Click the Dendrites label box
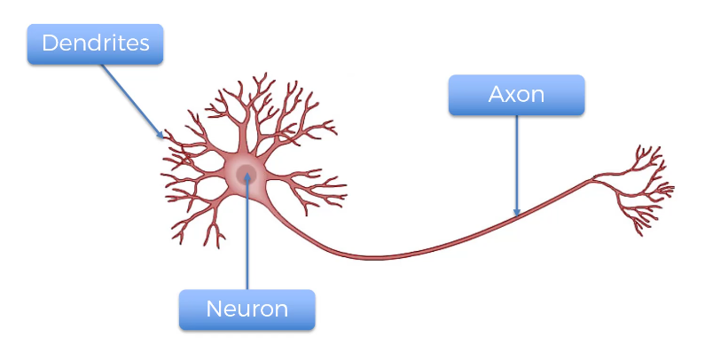coord(95,44)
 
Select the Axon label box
coord(517,95)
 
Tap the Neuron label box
coord(247,309)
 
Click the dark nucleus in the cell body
coord(247,175)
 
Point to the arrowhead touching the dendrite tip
coord(160,135)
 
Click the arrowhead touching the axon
coord(517,212)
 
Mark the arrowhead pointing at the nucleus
coord(247,176)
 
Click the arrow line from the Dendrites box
coord(132,101)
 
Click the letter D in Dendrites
coord(50,43)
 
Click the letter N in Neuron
coord(214,309)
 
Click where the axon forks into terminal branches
coord(592,179)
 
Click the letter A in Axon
coord(497,94)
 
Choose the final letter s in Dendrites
coord(145,45)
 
